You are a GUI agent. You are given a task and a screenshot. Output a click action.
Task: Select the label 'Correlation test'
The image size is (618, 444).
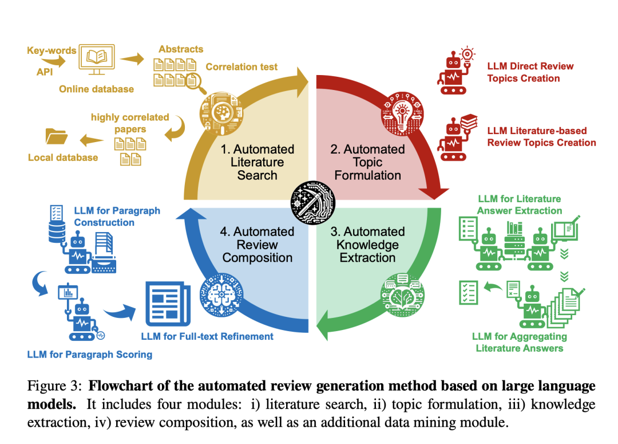pos(241,66)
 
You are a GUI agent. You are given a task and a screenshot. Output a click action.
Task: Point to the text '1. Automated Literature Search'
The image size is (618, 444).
pos(257,162)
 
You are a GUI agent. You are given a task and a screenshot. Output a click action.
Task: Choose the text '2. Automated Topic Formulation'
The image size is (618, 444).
pos(367,162)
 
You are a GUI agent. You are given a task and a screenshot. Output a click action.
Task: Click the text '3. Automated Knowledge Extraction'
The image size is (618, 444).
pos(367,245)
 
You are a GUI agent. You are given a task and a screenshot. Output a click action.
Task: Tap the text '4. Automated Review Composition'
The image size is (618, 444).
pos(257,245)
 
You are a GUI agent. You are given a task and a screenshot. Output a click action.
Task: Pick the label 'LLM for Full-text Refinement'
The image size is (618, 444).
pos(207,336)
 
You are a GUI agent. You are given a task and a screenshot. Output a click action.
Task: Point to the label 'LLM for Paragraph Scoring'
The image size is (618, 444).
pos(90,354)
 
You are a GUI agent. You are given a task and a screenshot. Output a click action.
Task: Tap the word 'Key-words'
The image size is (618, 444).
pos(51,50)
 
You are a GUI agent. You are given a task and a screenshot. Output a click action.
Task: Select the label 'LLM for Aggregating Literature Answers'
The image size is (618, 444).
pos(519,342)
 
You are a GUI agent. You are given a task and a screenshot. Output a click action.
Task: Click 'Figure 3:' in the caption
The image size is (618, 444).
pos(55,386)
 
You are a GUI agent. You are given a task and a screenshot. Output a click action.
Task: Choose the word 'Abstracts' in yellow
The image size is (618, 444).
pos(181,49)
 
